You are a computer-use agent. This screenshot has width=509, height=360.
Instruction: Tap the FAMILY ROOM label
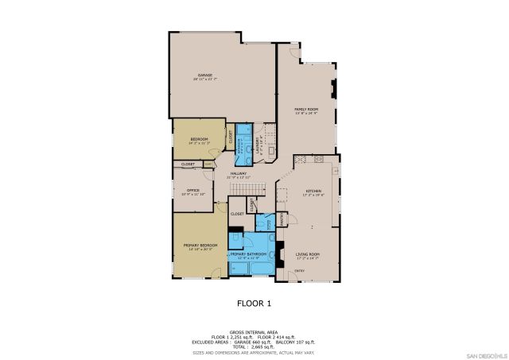point(306,109)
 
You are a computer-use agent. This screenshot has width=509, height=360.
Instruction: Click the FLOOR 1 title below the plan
point(254,303)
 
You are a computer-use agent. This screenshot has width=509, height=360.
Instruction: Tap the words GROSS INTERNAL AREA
point(254,332)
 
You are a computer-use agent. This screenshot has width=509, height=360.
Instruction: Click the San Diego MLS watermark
point(484,354)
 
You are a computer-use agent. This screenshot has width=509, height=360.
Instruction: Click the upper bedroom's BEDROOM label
point(198,139)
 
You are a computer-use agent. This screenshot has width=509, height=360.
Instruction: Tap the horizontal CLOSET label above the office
point(188,165)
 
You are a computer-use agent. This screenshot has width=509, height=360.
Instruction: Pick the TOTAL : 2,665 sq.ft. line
point(254,346)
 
